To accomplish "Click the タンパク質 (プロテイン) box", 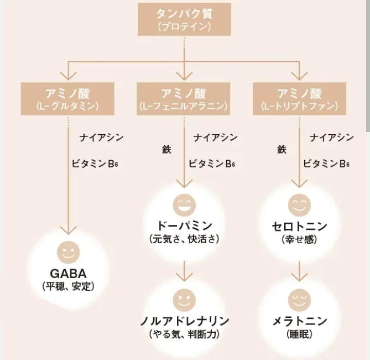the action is click(184, 20).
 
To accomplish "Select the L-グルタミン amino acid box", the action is click(67, 99).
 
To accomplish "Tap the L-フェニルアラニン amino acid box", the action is click(183, 99).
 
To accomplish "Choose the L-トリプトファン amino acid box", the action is click(300, 99).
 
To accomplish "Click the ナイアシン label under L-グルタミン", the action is click(101, 137).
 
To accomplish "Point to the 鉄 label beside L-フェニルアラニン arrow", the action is click(166, 150).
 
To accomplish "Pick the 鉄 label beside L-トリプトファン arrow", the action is click(282, 150).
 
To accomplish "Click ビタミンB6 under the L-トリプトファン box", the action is click(326, 164).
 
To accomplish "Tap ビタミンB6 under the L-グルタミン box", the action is click(95, 164).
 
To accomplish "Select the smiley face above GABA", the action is click(69, 253).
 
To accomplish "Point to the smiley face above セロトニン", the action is click(300, 205).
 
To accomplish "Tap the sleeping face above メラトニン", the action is click(300, 300).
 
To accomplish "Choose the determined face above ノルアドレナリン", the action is click(184, 300).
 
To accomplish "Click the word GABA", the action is click(68, 274).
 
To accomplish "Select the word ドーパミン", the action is click(184, 226).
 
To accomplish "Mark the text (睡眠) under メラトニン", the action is click(300, 334).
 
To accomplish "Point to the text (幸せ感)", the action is click(300, 239).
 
